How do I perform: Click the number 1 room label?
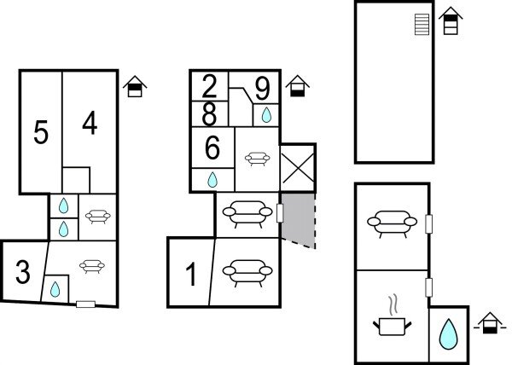[x=191, y=275]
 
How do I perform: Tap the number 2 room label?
[x=210, y=86]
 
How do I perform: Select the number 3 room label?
[x=23, y=274]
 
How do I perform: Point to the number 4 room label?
[x=90, y=125]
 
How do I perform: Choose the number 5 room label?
[x=40, y=132]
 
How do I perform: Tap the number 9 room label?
[x=262, y=88]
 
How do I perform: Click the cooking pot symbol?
[x=393, y=322]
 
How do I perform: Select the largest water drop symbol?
[x=447, y=333]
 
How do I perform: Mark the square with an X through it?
[x=298, y=167]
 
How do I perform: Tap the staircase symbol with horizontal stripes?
[x=420, y=25]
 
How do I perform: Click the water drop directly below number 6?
[x=212, y=180]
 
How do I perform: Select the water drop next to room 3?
[x=55, y=289]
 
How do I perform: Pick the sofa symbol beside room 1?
[x=247, y=273]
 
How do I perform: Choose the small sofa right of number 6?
[x=256, y=157]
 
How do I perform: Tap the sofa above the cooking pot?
[x=392, y=223]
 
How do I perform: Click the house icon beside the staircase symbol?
[x=451, y=20]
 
